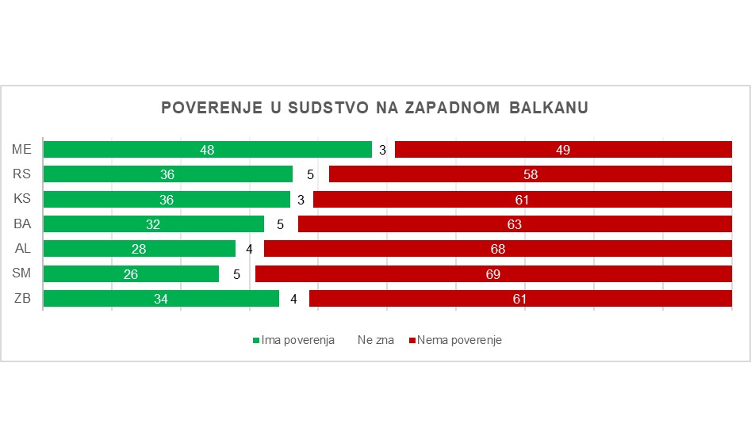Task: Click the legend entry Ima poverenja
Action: tap(293, 340)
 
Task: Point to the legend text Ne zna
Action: tap(375, 340)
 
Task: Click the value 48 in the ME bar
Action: tap(207, 150)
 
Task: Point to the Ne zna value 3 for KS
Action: tap(301, 200)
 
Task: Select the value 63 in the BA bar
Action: tap(514, 224)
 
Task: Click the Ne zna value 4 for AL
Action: tap(249, 250)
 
